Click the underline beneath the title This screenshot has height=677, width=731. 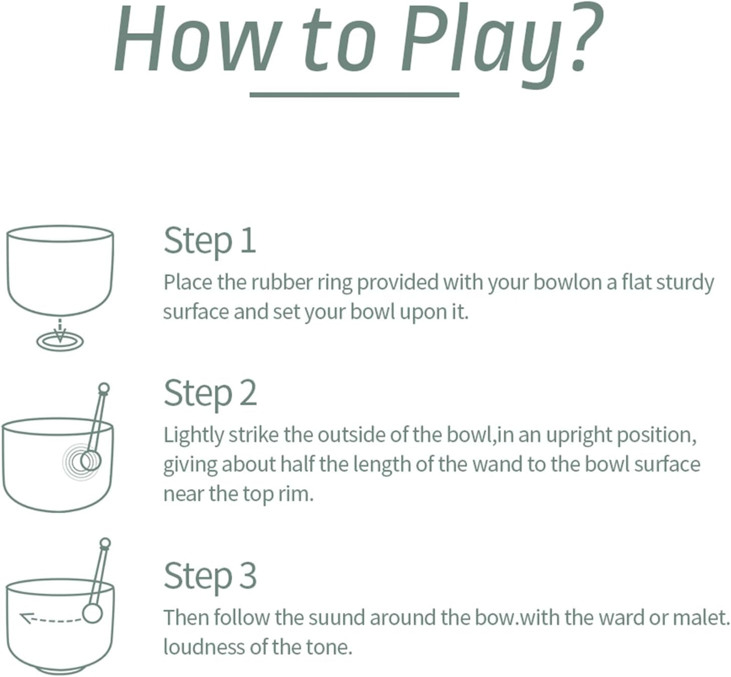(x=354, y=95)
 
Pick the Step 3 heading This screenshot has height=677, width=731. (x=210, y=576)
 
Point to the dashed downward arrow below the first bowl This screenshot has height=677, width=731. (x=60, y=330)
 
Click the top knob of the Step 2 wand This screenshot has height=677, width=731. (x=104, y=388)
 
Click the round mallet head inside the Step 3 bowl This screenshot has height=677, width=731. (x=92, y=614)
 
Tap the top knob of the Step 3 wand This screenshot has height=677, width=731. (x=105, y=542)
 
